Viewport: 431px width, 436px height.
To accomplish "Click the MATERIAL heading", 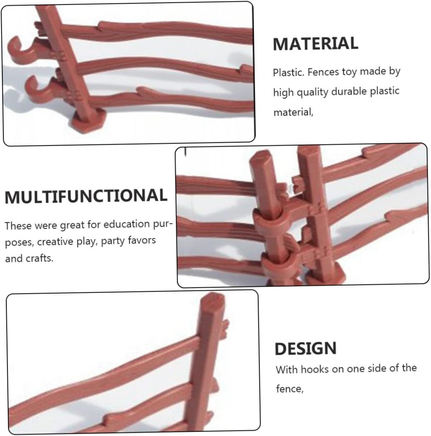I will [x=315, y=43].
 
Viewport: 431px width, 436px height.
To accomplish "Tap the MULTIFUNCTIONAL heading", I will [x=86, y=196].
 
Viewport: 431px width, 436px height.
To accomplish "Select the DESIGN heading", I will [x=305, y=348].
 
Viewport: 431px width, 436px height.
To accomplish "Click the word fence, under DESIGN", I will [x=290, y=389].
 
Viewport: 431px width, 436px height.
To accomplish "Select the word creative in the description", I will [x=56, y=242].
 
